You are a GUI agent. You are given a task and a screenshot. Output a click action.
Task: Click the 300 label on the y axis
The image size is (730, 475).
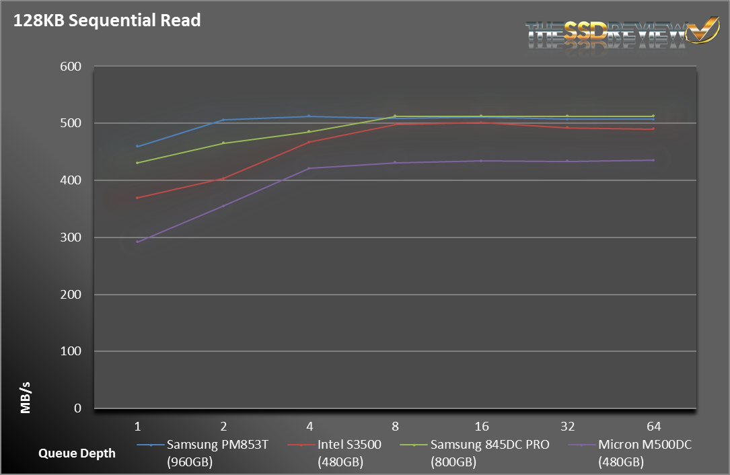pyautogui.click(x=73, y=238)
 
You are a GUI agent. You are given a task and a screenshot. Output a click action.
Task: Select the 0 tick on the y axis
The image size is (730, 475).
pyautogui.click(x=77, y=408)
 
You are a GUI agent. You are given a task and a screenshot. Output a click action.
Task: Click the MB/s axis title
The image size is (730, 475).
pyautogui.click(x=26, y=398)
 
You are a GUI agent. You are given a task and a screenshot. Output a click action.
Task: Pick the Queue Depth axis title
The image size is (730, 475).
pyautogui.click(x=77, y=453)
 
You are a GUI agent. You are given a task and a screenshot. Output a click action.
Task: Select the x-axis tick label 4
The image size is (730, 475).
pyautogui.click(x=309, y=426)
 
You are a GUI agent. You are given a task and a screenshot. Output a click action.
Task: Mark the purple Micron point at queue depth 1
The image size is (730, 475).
pyautogui.click(x=137, y=242)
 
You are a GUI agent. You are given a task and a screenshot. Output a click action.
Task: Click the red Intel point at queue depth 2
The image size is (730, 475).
pyautogui.click(x=223, y=178)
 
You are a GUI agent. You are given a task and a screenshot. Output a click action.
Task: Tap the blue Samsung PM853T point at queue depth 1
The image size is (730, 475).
pyautogui.click(x=137, y=146)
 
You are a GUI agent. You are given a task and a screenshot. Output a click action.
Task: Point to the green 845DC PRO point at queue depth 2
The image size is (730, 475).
pyautogui.click(x=223, y=143)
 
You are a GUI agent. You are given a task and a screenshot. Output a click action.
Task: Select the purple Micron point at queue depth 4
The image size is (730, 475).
pyautogui.click(x=309, y=168)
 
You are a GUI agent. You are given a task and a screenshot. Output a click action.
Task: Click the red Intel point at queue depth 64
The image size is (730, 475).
pyautogui.click(x=653, y=129)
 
